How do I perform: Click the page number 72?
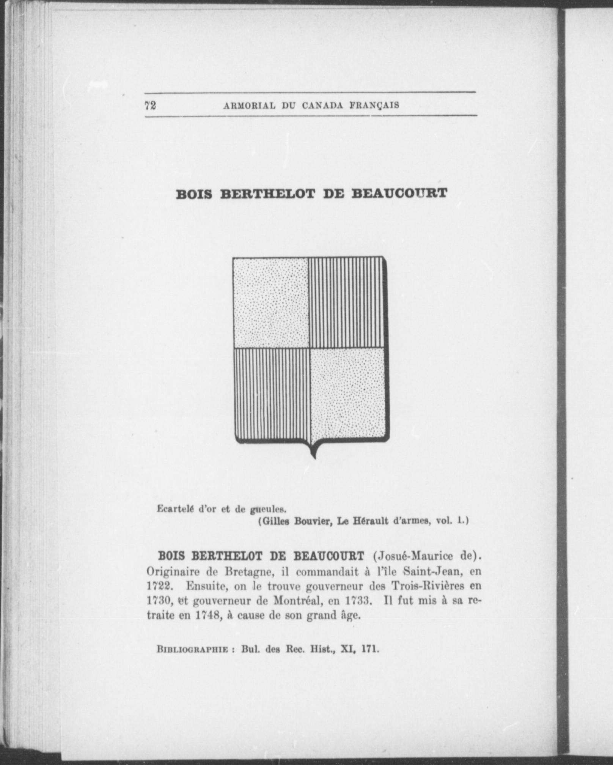150,105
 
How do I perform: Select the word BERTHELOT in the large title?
268,194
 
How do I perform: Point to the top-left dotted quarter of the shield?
270,302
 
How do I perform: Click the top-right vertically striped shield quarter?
346,302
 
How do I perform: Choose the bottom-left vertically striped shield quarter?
272,395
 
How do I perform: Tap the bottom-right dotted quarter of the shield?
348,393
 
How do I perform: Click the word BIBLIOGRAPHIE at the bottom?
192,649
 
